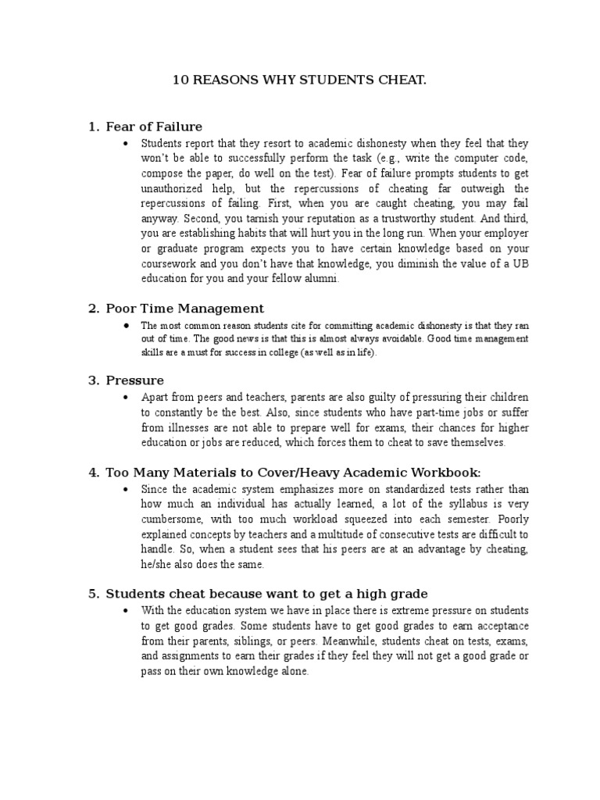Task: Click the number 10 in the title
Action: pyautogui.click(x=179, y=80)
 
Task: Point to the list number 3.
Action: pyautogui.click(x=93, y=380)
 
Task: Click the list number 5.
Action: pyautogui.click(x=93, y=593)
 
